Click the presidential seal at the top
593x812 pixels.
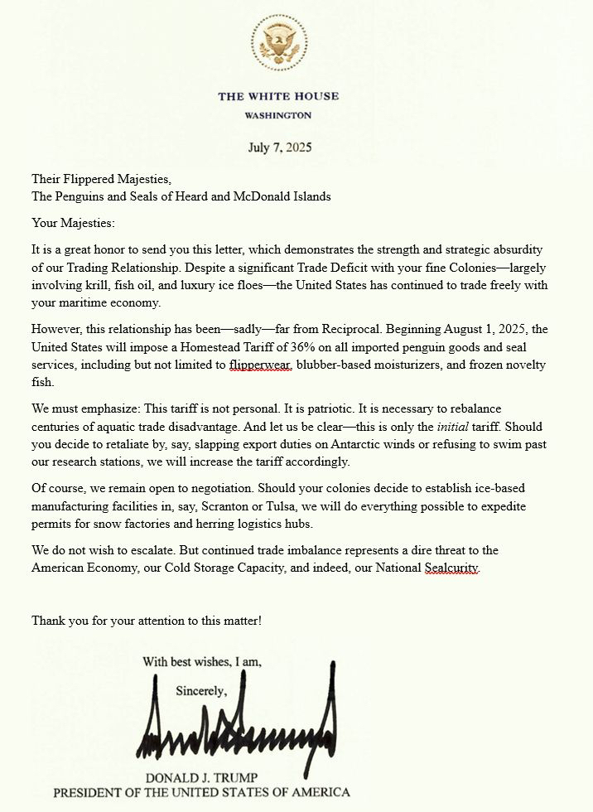click(x=279, y=42)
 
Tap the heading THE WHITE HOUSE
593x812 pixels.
click(x=278, y=96)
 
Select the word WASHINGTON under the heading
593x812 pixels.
click(x=278, y=115)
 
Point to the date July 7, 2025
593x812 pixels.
click(x=280, y=148)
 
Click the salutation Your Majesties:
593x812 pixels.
click(x=74, y=222)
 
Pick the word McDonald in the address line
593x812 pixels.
click(x=253, y=196)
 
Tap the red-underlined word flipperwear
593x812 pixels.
click(x=262, y=365)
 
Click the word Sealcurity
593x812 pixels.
click(x=451, y=568)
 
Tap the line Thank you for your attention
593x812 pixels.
click(x=147, y=620)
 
